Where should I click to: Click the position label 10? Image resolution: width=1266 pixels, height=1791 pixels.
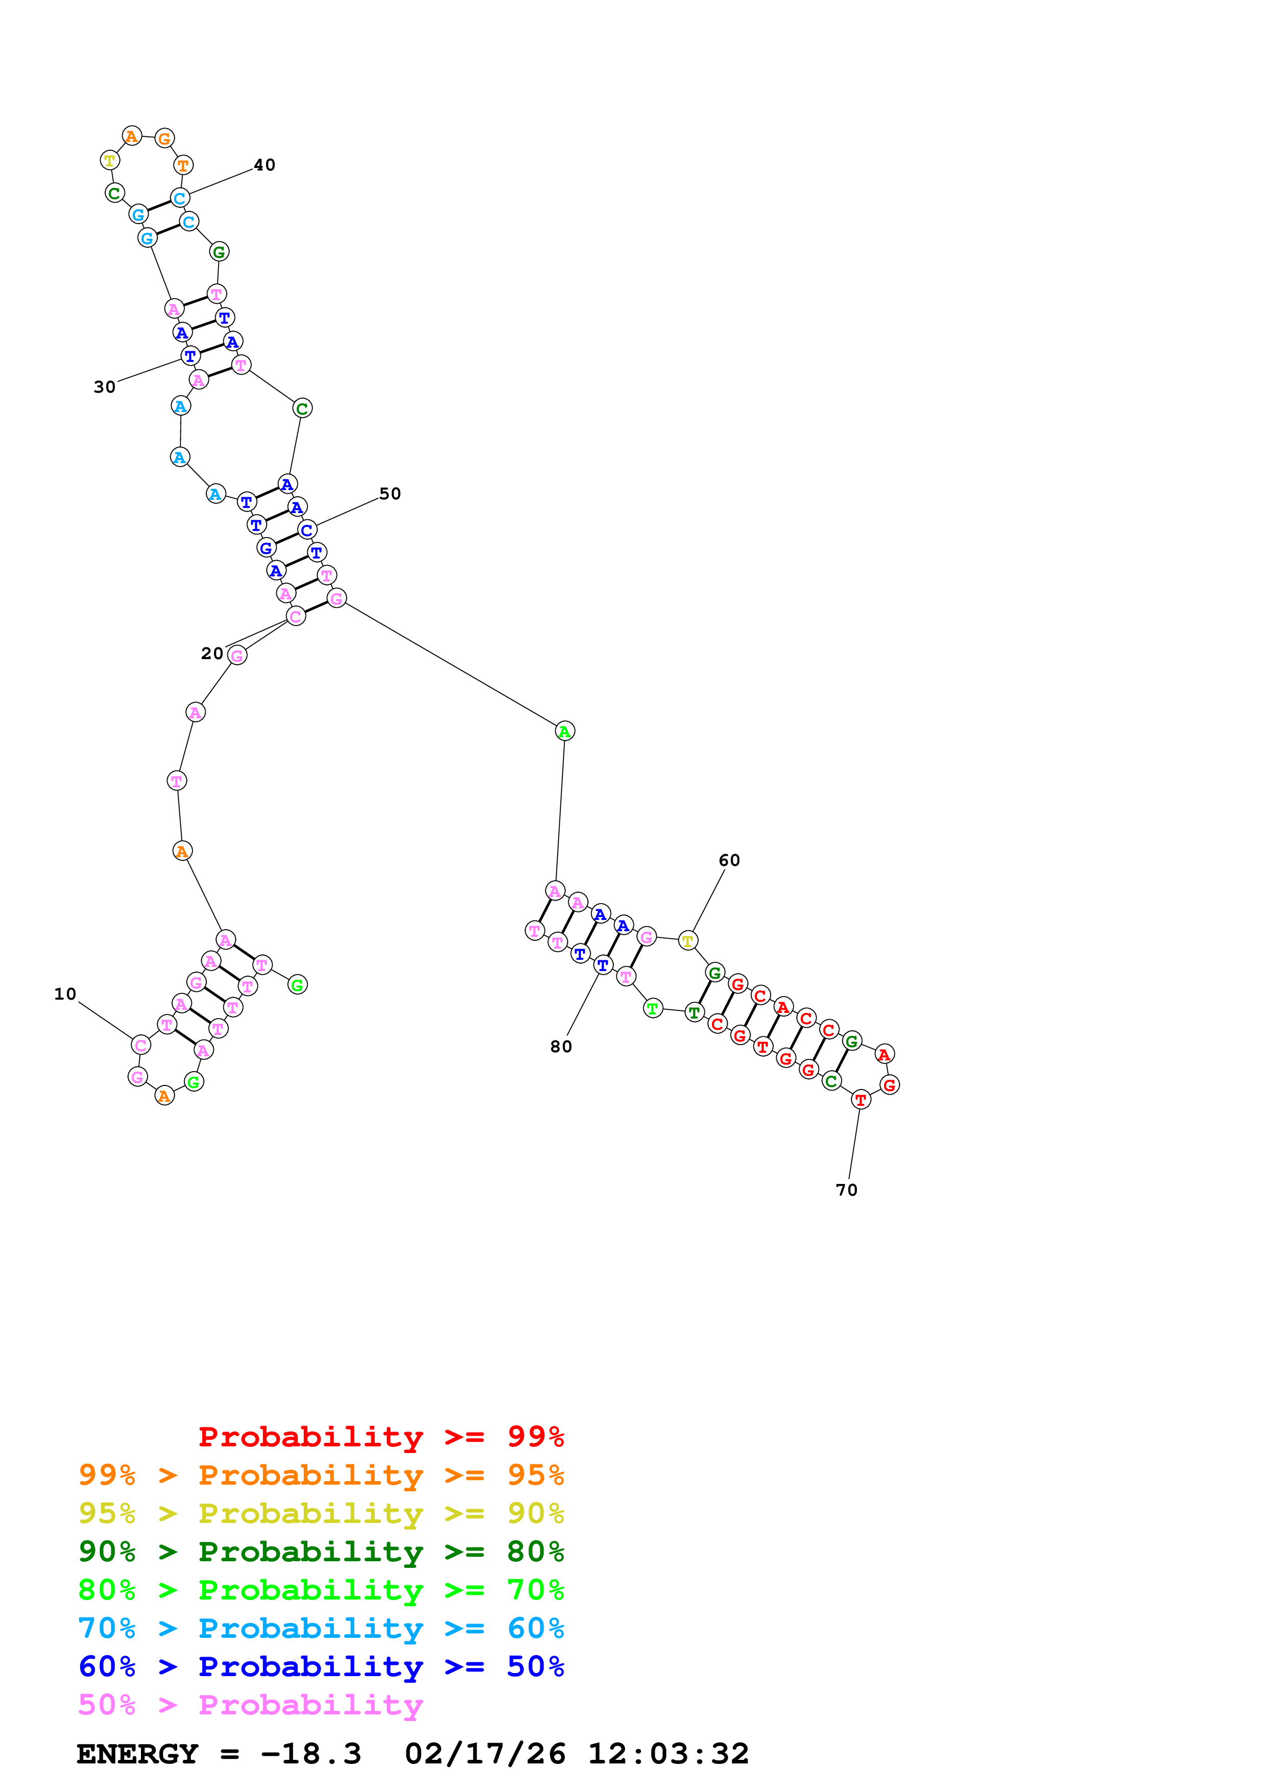(x=65, y=994)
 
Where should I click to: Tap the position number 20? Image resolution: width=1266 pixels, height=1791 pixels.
(x=212, y=654)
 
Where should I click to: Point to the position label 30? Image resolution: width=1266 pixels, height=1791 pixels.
(x=105, y=387)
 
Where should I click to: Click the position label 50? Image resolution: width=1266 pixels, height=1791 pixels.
(x=390, y=494)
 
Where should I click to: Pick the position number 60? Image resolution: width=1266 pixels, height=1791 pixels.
(x=729, y=860)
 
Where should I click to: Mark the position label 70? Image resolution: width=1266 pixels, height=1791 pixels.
(x=846, y=1191)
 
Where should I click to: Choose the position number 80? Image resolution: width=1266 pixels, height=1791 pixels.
(x=561, y=1047)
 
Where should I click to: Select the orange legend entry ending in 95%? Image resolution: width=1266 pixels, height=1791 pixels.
(x=321, y=1475)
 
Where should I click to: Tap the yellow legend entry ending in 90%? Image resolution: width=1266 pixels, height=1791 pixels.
(x=321, y=1513)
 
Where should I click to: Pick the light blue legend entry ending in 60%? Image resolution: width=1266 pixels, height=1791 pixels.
(x=321, y=1628)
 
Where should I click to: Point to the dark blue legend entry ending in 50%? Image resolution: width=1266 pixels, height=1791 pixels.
(x=321, y=1666)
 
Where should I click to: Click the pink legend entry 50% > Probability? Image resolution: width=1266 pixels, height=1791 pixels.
(x=250, y=1704)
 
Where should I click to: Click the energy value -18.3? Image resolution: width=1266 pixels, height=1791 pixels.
(x=310, y=1754)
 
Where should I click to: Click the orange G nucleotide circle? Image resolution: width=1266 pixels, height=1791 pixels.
(x=164, y=139)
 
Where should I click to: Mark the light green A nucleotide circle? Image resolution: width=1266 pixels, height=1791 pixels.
(x=565, y=731)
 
